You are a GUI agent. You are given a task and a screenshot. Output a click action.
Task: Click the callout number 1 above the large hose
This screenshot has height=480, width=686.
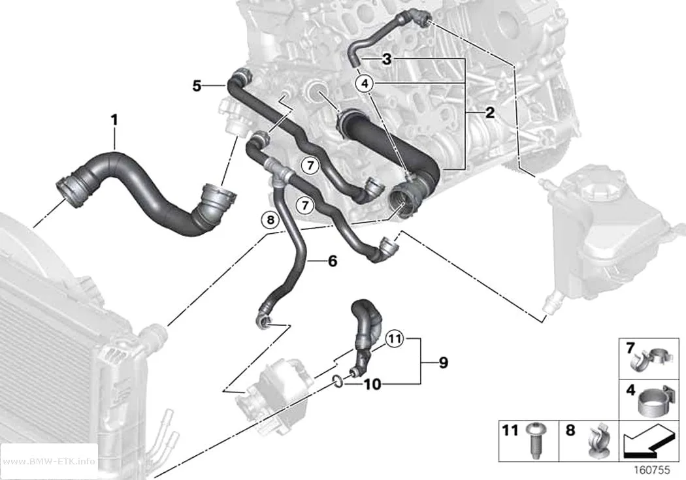click(114, 120)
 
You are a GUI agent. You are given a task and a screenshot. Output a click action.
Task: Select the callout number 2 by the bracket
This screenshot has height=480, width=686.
click(490, 112)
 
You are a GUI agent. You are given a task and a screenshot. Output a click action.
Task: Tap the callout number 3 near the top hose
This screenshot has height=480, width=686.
click(386, 59)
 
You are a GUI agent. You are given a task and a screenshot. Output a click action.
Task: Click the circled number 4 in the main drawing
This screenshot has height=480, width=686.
click(365, 83)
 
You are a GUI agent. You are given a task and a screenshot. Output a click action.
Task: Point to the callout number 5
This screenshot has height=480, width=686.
click(197, 86)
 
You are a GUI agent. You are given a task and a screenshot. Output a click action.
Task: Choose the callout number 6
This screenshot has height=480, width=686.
click(333, 261)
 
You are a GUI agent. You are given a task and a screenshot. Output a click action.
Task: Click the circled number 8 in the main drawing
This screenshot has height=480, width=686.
click(270, 219)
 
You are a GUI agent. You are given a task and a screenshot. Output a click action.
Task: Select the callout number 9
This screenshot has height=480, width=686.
click(443, 362)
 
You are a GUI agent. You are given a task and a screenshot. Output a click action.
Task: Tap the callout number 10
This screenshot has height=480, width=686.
click(372, 384)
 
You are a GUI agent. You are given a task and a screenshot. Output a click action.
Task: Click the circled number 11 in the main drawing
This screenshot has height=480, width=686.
click(395, 338)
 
